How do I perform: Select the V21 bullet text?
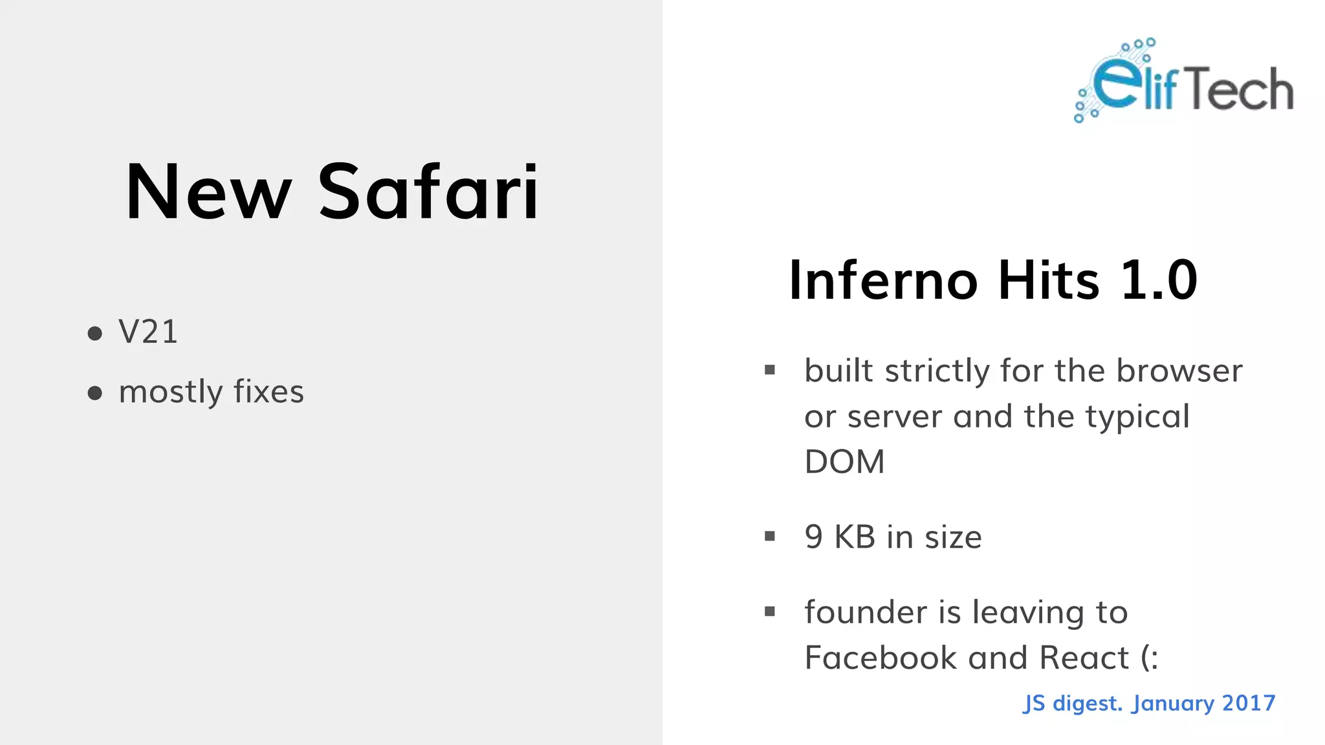(148, 332)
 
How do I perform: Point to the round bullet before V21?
(95, 334)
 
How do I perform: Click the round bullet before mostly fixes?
(95, 393)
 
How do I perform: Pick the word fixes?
(268, 392)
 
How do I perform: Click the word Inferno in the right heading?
(883, 280)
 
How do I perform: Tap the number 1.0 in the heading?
(1159, 280)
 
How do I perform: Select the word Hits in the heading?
(1048, 280)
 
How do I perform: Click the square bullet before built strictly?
(769, 370)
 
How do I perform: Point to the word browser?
(1179, 371)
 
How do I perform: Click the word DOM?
(844, 462)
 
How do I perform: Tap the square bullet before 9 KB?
(769, 536)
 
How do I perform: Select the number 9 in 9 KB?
(813, 537)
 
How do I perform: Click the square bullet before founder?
(769, 611)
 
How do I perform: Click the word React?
(1084, 658)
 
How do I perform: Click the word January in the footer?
(1173, 704)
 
